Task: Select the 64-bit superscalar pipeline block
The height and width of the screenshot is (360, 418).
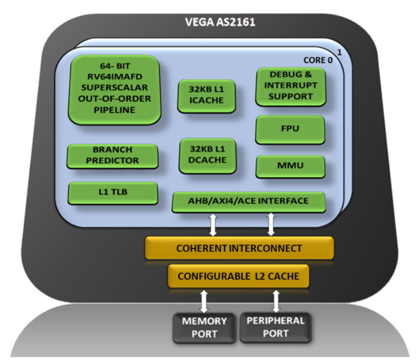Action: tap(114, 89)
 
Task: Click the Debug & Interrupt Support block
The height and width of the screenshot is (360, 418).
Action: tap(290, 87)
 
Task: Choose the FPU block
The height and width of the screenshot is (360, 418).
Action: tap(290, 129)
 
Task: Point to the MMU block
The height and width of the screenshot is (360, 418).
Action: tap(290, 167)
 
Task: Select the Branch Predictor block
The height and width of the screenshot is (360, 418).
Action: tap(113, 155)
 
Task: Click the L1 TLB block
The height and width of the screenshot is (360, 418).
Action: tap(113, 193)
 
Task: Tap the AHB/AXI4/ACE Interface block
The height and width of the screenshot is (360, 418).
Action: tap(249, 202)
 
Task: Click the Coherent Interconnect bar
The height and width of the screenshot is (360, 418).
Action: tap(239, 248)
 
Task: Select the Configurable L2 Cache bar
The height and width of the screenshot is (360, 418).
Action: tap(239, 276)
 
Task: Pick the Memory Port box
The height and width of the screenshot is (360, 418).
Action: tap(204, 327)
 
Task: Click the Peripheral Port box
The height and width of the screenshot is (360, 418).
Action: tap(276, 327)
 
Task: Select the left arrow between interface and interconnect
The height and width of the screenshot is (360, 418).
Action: tap(213, 225)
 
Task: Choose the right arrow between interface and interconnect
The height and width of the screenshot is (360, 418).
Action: tap(270, 225)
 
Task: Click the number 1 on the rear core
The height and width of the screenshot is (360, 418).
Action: tap(339, 53)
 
